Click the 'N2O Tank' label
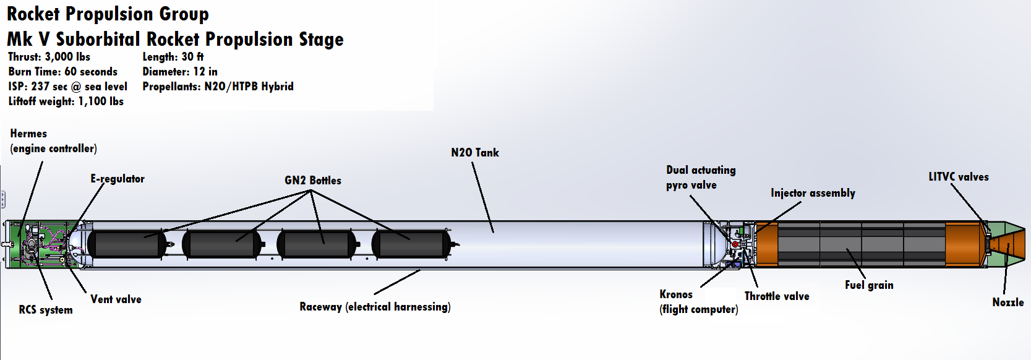474,153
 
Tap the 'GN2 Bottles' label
312,181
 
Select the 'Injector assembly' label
813,193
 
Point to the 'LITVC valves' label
958,177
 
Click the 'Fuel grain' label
869,285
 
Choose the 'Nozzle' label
1007,302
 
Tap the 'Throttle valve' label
777,296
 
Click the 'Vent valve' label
116,299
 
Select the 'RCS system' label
46,310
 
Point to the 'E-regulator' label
118,179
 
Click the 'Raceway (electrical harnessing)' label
375,307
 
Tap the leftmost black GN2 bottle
127,244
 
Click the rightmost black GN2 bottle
411,244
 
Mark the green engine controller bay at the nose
37,244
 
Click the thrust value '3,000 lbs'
67,57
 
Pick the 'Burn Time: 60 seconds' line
62,72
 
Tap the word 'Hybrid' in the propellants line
277,87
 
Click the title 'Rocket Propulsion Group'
108,14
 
